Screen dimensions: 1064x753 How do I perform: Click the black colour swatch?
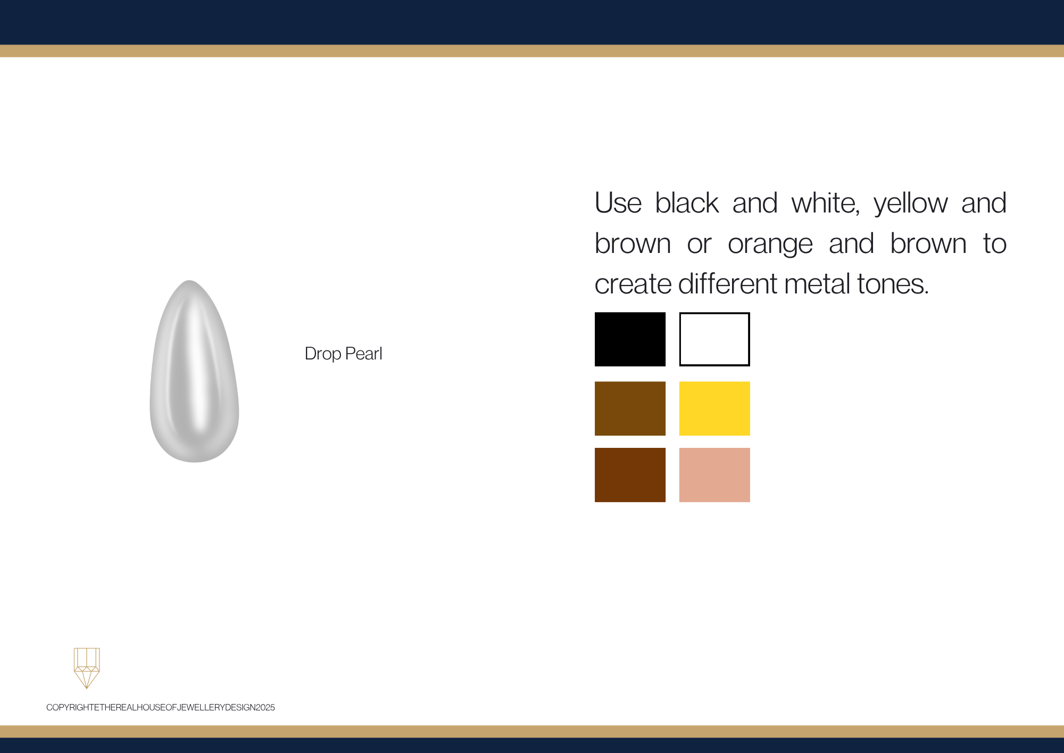coord(630,339)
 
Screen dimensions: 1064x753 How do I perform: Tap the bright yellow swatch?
coord(714,408)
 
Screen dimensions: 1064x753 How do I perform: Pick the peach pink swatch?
coord(714,475)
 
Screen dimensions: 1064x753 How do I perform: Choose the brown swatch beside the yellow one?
coord(630,408)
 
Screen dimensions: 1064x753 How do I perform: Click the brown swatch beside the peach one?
coord(630,475)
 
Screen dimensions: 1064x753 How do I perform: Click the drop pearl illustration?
coord(194,371)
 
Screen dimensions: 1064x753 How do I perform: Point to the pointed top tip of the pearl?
coord(189,281)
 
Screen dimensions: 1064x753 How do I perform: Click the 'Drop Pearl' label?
coord(343,354)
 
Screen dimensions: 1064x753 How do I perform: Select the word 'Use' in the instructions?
coord(618,203)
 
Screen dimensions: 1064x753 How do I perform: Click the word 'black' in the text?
coord(687,203)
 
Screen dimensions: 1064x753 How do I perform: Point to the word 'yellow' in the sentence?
coord(911,204)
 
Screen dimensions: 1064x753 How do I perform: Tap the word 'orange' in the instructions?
coord(770,244)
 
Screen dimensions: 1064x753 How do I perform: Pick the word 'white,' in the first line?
coord(826,203)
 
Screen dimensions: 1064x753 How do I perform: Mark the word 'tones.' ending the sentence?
coord(893,284)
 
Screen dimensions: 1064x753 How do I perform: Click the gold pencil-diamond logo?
coord(87,668)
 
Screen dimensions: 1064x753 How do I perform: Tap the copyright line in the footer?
coord(161,707)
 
